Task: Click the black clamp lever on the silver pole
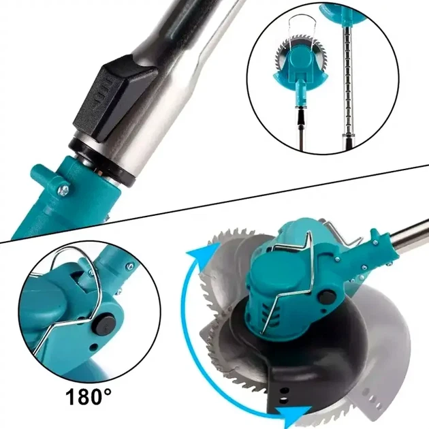pos(115,97)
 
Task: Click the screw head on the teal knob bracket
pos(63,189)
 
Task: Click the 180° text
pos(88,397)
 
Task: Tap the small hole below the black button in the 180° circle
pos(95,347)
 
